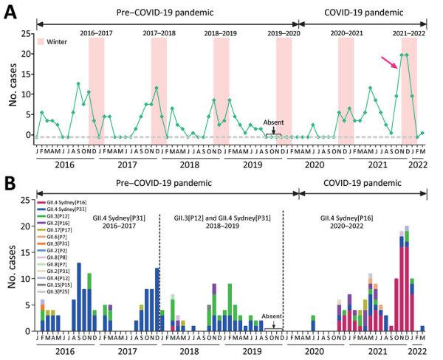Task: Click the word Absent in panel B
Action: tap(272, 315)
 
